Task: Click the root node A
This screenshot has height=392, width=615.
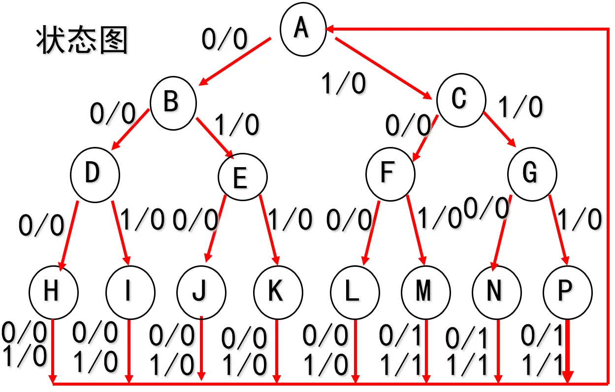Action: point(303,28)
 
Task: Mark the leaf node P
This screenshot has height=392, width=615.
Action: point(567,291)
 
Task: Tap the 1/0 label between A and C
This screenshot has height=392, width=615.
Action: point(343,83)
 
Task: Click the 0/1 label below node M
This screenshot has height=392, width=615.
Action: point(401,337)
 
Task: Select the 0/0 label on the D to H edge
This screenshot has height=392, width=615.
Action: point(41,225)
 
